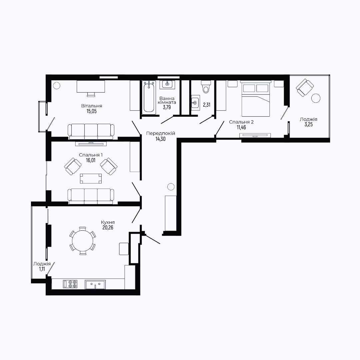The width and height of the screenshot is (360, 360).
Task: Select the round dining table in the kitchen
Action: click(x=83, y=241)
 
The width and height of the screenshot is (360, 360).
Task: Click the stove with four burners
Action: click(x=70, y=284)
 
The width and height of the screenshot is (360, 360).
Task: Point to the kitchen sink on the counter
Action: click(x=95, y=284)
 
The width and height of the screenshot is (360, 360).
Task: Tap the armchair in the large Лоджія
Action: click(x=305, y=87)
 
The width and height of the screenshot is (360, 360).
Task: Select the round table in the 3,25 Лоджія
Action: click(x=316, y=98)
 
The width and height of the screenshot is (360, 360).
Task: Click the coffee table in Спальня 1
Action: click(x=91, y=178)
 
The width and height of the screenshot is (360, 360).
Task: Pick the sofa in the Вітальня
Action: click(x=91, y=132)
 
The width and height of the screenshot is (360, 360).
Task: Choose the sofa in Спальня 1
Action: click(x=91, y=196)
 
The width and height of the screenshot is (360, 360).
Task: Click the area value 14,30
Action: click(x=160, y=139)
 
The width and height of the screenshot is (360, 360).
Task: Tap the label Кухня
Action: click(x=108, y=222)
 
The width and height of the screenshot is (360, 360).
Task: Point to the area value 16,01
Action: click(x=91, y=160)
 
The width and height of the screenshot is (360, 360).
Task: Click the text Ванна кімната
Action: click(x=167, y=100)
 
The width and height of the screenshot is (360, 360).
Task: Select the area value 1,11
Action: click(x=42, y=269)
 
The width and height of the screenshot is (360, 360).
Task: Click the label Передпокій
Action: click(x=160, y=133)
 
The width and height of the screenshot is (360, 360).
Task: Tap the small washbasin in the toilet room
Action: click(x=195, y=103)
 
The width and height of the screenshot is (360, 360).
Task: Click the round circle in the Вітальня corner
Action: click(x=56, y=86)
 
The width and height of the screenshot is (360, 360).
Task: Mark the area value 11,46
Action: click(x=241, y=127)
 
